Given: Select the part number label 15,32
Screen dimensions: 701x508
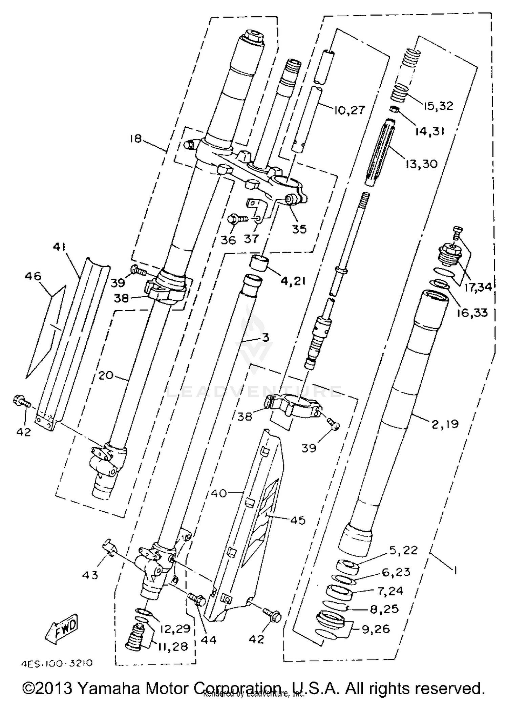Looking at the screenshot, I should pos(438,106).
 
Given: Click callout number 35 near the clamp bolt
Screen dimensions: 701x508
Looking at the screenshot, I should pos(299,229).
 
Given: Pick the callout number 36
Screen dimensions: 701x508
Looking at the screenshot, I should pos(228,240).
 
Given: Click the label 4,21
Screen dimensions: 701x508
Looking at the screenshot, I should pos(293,280).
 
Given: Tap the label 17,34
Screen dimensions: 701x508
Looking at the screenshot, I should pos(478,287).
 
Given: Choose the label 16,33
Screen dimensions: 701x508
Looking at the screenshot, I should pos(472,313).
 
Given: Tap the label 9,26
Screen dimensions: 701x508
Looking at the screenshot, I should pos(376,629).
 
